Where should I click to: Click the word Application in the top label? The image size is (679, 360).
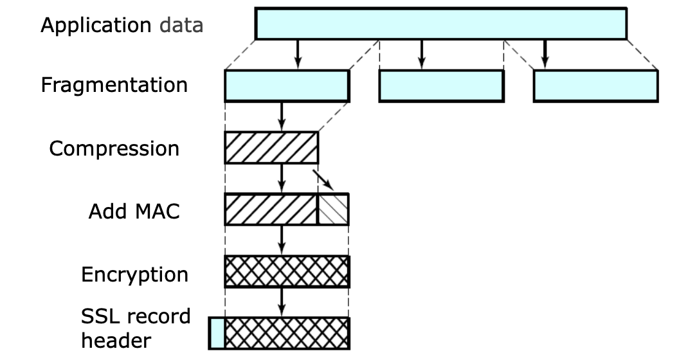[96, 26]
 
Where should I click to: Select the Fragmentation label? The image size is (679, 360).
[114, 85]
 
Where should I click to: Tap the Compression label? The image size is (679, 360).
[114, 148]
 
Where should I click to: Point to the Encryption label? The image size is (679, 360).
[134, 274]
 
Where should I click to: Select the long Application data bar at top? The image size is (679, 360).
[440, 24]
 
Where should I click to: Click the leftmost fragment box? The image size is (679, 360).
[286, 86]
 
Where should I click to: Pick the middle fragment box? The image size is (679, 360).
[441, 86]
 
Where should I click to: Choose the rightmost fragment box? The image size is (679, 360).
[595, 86]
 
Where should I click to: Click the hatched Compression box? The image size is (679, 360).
[271, 148]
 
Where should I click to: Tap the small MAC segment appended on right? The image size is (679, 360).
[333, 209]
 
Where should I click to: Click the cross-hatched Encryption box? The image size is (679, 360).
[286, 271]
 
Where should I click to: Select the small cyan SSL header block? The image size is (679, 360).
[217, 333]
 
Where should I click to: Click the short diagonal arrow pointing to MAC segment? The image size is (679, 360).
[322, 179]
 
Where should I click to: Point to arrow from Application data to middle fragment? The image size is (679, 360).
[421, 54]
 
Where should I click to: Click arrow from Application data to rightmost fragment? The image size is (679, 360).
[545, 54]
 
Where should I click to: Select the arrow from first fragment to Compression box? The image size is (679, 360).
[281, 116]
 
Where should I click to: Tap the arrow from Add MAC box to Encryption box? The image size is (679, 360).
[281, 240]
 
